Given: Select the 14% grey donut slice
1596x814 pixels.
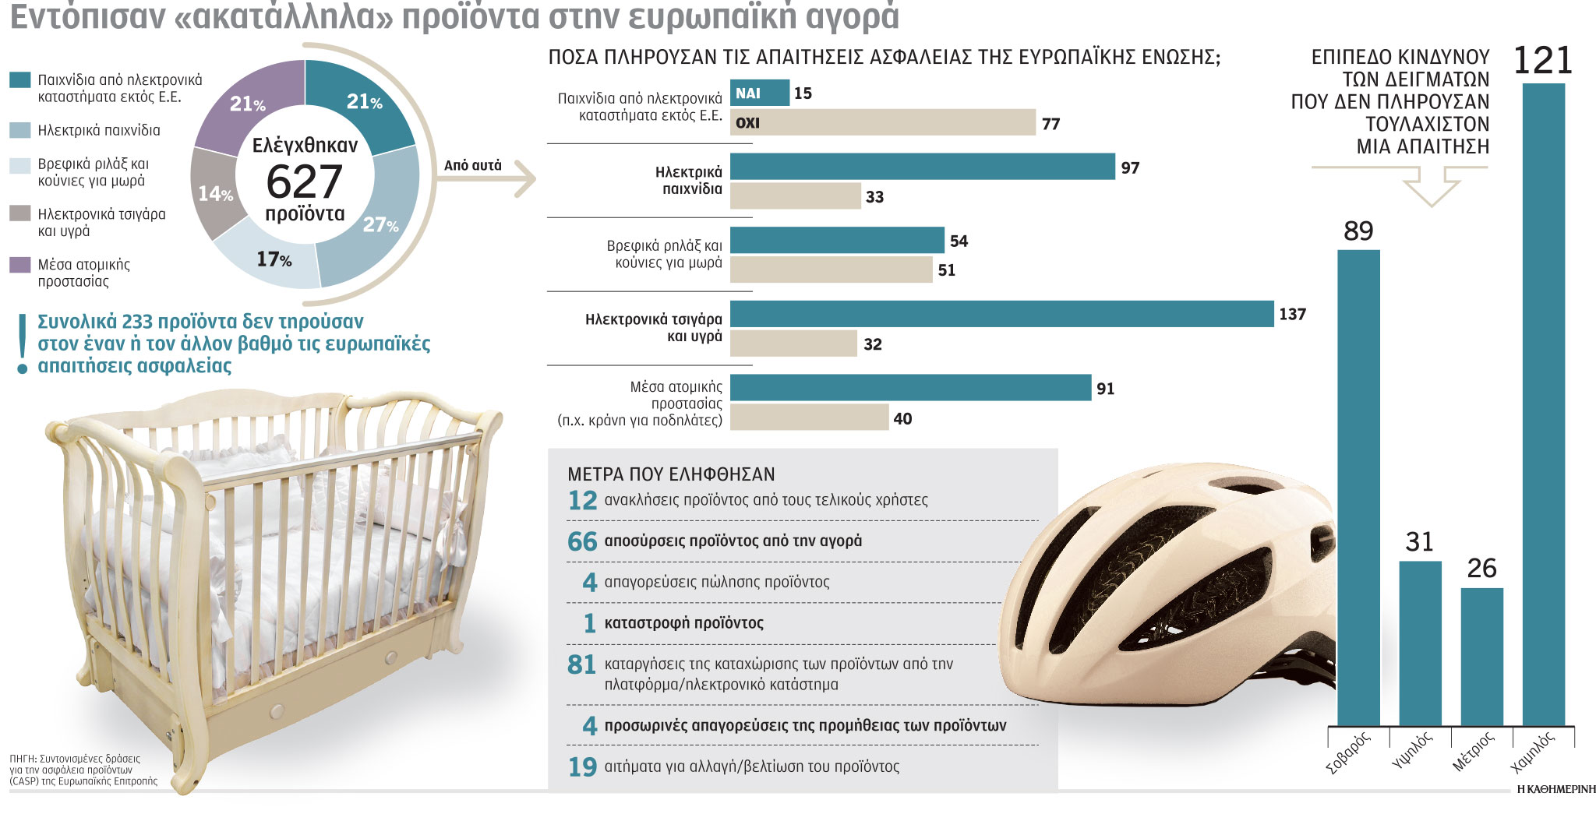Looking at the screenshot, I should click(x=213, y=192).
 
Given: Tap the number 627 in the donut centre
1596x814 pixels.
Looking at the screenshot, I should click(x=304, y=182).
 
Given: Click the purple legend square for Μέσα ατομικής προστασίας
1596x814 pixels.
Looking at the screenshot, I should click(x=20, y=265).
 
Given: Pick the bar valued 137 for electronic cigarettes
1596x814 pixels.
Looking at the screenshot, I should click(x=1001, y=314).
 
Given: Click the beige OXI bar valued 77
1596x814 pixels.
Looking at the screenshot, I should click(x=882, y=122).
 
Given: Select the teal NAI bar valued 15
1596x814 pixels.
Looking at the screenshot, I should click(x=759, y=93).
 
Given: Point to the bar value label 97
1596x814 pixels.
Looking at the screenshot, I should click(x=1130, y=167).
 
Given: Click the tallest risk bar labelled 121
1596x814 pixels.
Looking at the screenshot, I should click(x=1543, y=405).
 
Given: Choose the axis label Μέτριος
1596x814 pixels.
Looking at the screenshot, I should click(x=1473, y=752).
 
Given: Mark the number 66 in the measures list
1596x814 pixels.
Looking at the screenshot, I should click(x=582, y=541).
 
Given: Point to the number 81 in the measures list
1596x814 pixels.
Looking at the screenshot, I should click(x=582, y=664).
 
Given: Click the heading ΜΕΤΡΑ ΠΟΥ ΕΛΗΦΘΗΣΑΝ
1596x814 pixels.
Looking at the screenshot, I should click(x=671, y=474).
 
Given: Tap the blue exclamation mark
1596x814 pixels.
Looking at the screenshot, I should click(x=23, y=343).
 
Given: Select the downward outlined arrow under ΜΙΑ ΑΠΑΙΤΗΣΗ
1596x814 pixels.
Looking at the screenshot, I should click(x=1431, y=188).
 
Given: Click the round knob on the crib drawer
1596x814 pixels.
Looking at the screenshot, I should click(x=277, y=710).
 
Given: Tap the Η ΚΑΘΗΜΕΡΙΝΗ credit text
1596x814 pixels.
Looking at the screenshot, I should click(x=1555, y=789).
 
